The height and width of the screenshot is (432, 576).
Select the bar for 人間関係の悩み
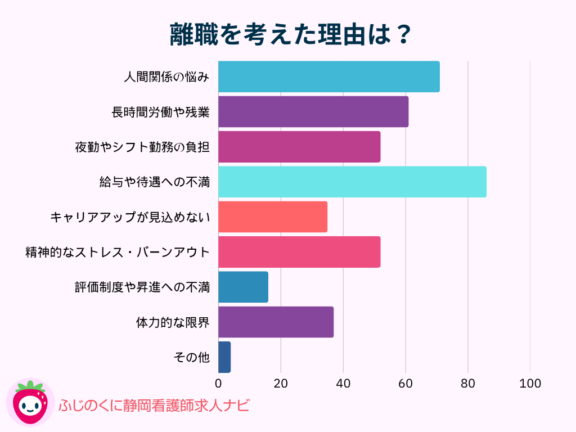tap(328, 76)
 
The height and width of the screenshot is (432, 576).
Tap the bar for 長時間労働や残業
tap(313, 111)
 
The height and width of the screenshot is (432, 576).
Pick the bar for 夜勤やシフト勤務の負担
tap(299, 147)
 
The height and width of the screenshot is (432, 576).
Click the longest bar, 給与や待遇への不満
tap(352, 182)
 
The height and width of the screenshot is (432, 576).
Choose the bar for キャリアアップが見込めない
tap(272, 217)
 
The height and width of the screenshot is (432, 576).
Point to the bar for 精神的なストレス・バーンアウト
tap(299, 251)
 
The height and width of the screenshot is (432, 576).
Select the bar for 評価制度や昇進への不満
tap(243, 287)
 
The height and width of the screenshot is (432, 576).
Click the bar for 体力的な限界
tap(276, 322)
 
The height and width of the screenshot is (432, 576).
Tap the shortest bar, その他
tap(224, 357)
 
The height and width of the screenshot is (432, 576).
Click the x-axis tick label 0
tap(218, 384)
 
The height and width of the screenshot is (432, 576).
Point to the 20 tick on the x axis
tap(281, 384)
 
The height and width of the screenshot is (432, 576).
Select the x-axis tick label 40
tap(343, 384)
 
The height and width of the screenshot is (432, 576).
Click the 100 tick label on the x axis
tap(530, 384)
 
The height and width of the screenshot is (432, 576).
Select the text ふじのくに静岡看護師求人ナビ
tap(154, 405)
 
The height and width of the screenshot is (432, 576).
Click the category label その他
tap(192, 357)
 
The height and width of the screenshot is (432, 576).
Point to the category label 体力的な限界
tap(173, 322)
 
